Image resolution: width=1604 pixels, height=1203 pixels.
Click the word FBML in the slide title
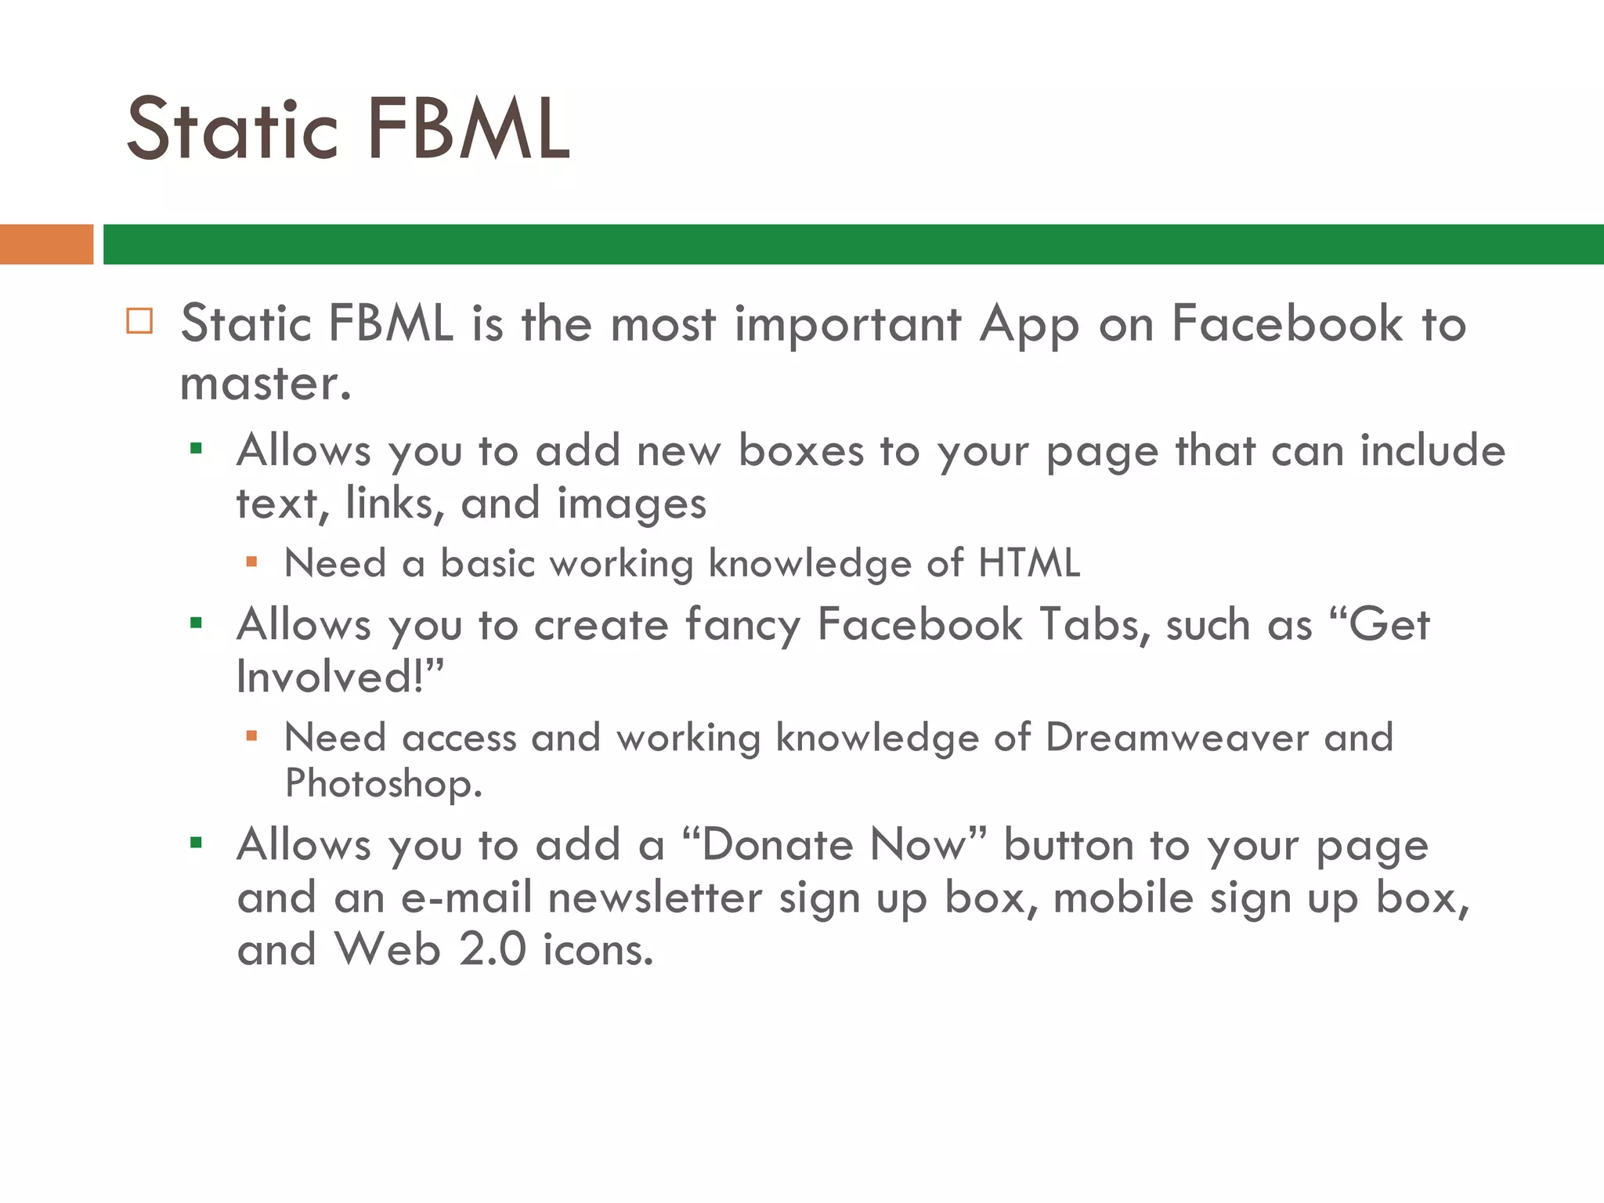[x=468, y=129]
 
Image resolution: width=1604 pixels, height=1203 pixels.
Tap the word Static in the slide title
[x=233, y=129]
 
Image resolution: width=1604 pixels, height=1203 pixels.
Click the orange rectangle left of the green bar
[x=46, y=244]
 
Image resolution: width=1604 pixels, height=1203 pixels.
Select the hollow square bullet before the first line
[x=139, y=321]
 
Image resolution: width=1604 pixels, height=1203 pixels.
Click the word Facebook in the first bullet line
[x=1287, y=323]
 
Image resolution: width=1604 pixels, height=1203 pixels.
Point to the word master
[x=265, y=385]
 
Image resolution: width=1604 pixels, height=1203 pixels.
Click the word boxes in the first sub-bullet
[x=800, y=451]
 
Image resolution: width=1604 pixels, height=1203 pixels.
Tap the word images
[x=631, y=504]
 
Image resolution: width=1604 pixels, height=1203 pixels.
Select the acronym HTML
[x=1029, y=563]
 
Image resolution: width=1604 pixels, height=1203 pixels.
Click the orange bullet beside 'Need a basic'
[x=251, y=562]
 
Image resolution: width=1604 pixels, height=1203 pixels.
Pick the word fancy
[x=742, y=626]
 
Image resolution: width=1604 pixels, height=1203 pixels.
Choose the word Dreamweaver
[x=1176, y=738]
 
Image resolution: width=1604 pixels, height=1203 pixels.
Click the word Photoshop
[x=382, y=783]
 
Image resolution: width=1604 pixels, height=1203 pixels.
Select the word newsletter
[x=655, y=898]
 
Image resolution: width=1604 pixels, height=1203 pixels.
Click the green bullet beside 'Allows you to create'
[x=196, y=623]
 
